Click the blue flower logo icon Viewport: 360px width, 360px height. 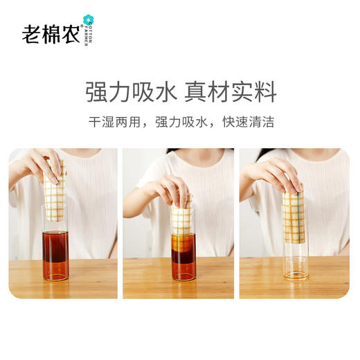pyautogui.click(x=87, y=19)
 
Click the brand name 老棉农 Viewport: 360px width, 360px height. pyautogui.click(x=52, y=32)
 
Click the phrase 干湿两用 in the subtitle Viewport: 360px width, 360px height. pyautogui.click(x=110, y=122)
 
